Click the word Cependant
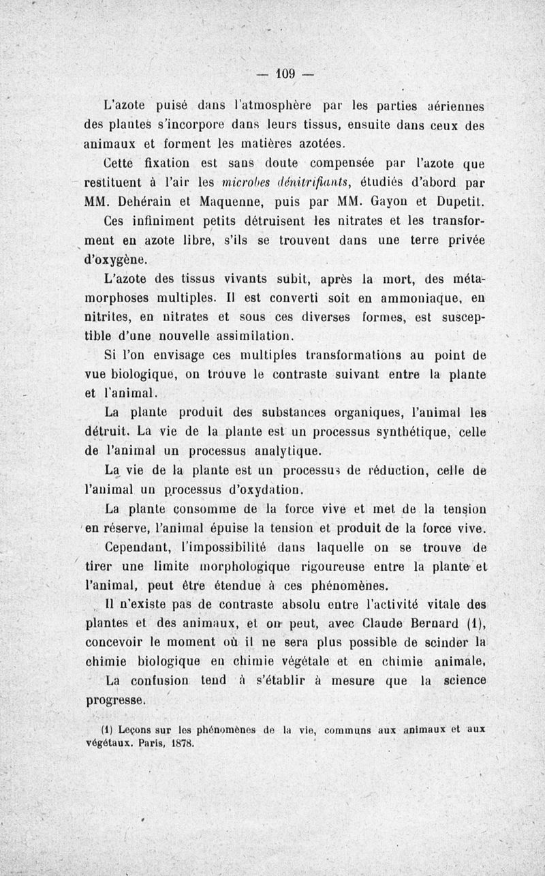[x=143, y=547]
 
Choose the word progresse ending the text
[x=116, y=700]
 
